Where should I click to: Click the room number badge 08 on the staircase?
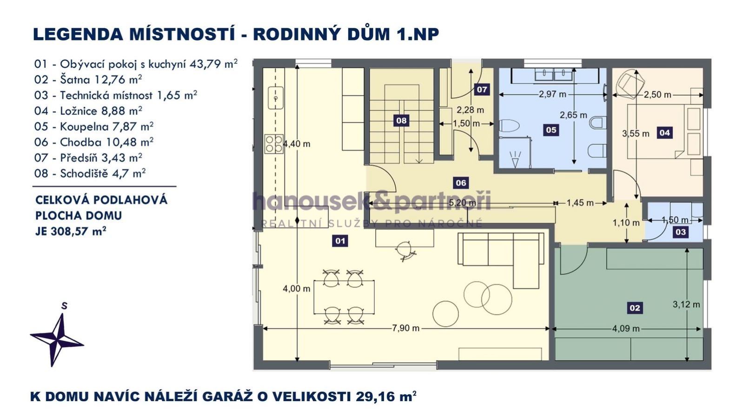click(401, 120)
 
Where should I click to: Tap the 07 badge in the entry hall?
click(482, 89)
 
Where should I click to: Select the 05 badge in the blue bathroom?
click(551, 130)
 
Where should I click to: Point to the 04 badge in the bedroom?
click(664, 132)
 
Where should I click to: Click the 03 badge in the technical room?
click(681, 232)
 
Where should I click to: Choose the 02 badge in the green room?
click(635, 308)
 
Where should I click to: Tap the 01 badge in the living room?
click(340, 241)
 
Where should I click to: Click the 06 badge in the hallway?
click(461, 182)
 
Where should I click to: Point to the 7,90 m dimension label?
click(405, 328)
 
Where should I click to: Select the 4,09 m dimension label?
click(626, 329)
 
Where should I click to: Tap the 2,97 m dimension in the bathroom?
click(552, 94)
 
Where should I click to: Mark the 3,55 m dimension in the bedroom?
click(636, 133)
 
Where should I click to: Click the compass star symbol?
click(57, 340)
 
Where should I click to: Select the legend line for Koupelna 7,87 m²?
click(94, 126)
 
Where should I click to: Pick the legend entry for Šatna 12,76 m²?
click(88, 79)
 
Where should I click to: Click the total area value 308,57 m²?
click(78, 231)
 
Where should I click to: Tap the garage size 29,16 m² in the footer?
click(386, 396)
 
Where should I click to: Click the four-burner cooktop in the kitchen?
click(274, 144)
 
